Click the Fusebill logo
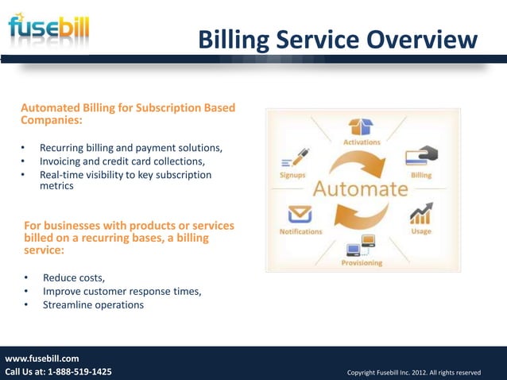pos(48,29)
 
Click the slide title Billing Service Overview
pos(338,39)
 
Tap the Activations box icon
pos(361,127)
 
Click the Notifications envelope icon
pos(299,215)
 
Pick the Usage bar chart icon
pos(420,214)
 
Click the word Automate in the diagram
pos(360,189)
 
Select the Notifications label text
pos(300,231)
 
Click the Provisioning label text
pos(362,262)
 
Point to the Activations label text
pos(362,142)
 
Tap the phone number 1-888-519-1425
pos(79,372)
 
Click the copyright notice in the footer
pos(413,372)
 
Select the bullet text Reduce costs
pos(73,277)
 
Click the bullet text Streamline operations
pos(93,304)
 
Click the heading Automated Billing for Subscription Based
pos(127,107)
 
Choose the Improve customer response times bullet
pos(122,291)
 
